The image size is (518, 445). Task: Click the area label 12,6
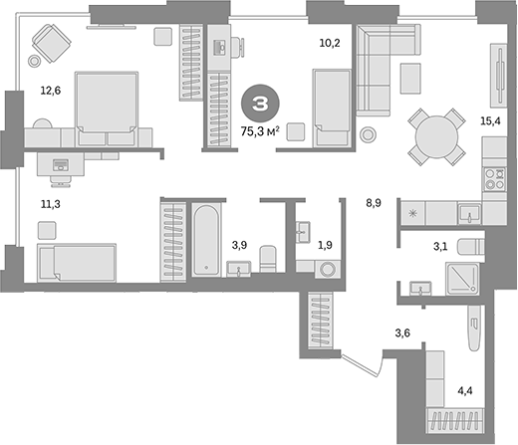(x=49, y=91)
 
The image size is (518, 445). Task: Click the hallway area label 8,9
(x=375, y=204)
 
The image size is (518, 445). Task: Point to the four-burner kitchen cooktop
(x=495, y=180)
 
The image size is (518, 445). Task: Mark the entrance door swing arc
(x=364, y=366)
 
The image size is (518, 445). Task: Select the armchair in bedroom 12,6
(x=48, y=42)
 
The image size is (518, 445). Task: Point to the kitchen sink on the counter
(x=470, y=212)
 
